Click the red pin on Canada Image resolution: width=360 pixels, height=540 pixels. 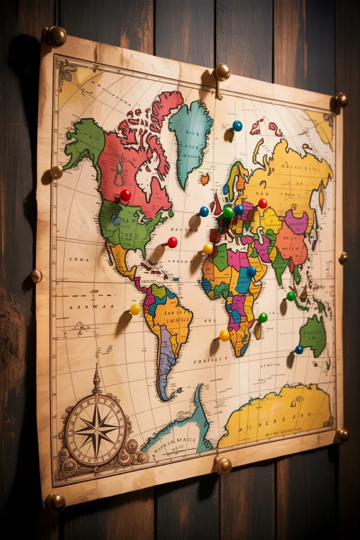(125, 195)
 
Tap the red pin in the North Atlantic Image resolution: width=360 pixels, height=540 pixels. (172, 242)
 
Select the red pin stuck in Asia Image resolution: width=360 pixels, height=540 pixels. (262, 204)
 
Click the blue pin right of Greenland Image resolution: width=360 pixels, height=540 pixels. (237, 126)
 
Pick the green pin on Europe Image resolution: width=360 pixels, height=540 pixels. (228, 212)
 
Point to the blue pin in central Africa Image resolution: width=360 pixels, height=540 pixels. (251, 272)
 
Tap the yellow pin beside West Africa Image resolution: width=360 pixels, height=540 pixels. (208, 248)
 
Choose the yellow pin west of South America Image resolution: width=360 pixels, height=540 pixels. (135, 310)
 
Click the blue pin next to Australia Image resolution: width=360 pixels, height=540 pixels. (299, 350)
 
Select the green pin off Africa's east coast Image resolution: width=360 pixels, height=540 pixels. (262, 317)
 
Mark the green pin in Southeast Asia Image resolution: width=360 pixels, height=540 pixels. (291, 296)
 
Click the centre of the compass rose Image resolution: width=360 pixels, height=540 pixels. (95, 428)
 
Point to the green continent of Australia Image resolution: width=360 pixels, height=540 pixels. (314, 335)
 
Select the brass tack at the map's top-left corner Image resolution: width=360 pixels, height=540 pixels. (56, 36)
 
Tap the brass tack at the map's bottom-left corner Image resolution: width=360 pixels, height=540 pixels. (55, 502)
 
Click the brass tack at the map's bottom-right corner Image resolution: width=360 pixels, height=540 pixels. (343, 435)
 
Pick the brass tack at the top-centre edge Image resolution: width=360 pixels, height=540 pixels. (222, 72)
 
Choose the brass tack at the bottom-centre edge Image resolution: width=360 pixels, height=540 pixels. (223, 465)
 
